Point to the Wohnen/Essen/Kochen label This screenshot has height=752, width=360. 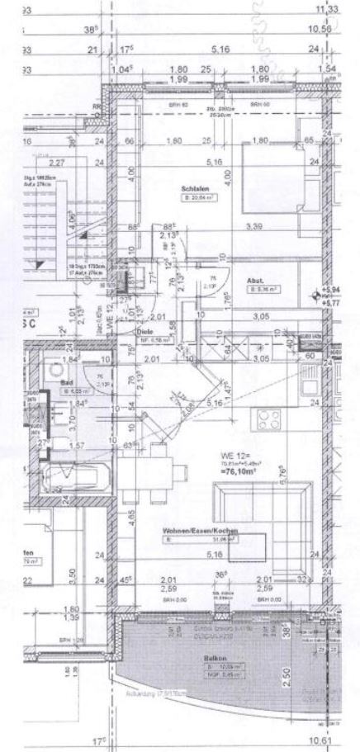coord(188,529)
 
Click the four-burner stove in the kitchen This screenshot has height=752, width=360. coord(271,419)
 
